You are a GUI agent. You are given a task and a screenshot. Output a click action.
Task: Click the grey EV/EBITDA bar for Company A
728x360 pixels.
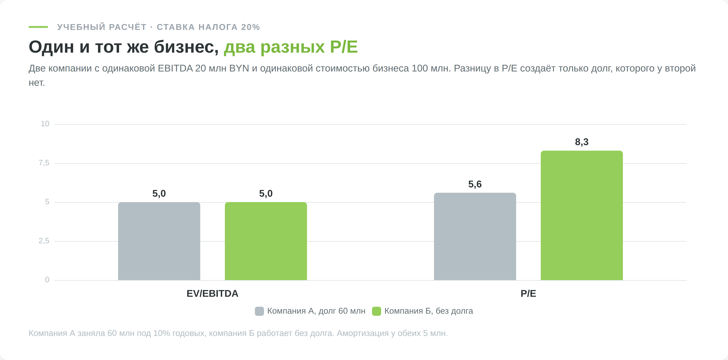point(159,241)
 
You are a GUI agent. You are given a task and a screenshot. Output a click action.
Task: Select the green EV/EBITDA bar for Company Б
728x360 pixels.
point(266,241)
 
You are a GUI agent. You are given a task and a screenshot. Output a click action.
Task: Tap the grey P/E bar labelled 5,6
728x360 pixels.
point(475,237)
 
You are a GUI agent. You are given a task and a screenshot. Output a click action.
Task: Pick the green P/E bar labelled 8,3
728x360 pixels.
point(582,215)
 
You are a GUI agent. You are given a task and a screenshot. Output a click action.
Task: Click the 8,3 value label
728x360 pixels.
point(582,142)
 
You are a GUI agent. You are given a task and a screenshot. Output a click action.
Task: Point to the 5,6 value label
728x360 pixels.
point(475,184)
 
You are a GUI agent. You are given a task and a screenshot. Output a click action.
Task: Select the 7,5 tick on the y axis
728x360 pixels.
point(44,163)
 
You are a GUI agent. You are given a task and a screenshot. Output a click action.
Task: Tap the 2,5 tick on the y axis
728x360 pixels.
point(44,241)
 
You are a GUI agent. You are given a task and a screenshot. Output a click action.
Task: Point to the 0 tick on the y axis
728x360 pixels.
point(47,280)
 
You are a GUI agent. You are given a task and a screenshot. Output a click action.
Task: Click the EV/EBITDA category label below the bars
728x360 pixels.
point(213,294)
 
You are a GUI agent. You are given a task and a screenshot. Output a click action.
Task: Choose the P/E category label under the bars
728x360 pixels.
point(528,294)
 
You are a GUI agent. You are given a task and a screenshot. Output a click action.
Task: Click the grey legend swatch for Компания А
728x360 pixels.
point(259,311)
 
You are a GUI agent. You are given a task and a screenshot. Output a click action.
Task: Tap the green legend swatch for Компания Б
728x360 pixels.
point(376,311)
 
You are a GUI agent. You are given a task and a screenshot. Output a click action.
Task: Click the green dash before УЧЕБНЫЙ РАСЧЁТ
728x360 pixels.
point(38,27)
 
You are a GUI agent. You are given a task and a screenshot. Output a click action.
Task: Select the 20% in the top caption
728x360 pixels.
point(250,27)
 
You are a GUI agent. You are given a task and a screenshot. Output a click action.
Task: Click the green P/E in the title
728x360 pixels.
point(344,47)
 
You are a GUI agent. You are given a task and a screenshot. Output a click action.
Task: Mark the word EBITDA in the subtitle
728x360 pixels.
point(175,68)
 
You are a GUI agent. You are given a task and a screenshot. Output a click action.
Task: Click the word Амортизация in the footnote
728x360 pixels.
point(362,333)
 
